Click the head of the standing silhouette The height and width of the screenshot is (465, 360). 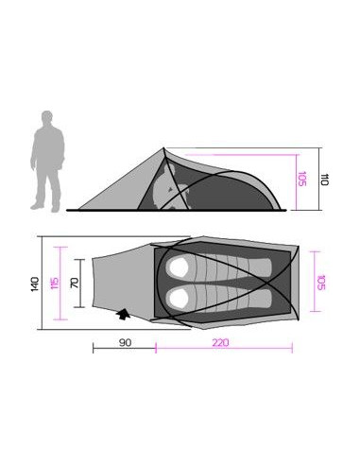[47, 116]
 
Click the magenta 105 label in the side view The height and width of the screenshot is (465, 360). [301, 178]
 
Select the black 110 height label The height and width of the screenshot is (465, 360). [324, 178]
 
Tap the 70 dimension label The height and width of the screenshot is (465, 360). [76, 283]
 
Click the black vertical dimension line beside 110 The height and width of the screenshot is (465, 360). [315, 178]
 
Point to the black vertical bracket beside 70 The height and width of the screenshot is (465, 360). [86, 283]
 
